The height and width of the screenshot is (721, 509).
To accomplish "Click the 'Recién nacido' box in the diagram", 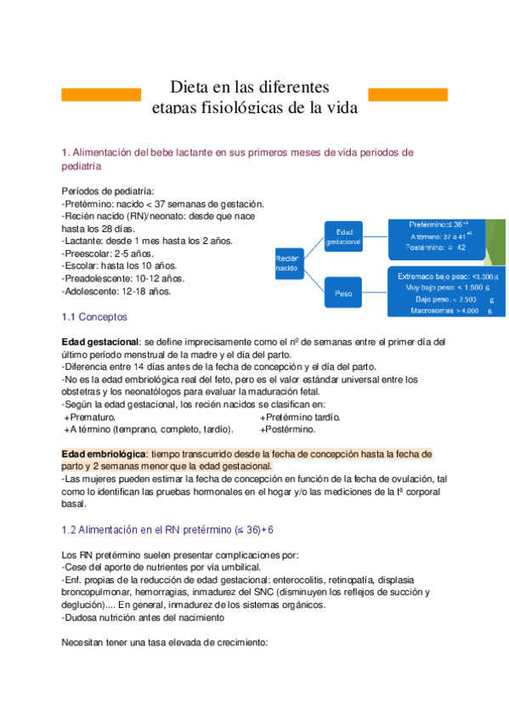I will (289, 262).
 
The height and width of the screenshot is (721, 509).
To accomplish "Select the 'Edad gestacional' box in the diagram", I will (348, 236).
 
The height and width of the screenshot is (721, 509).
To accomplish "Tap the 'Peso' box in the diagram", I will (343, 293).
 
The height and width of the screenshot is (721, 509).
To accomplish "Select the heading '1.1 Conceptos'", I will (94, 316).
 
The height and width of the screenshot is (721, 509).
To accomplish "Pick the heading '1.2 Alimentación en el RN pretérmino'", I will (168, 530).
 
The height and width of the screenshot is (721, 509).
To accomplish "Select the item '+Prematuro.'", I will (90, 417).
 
